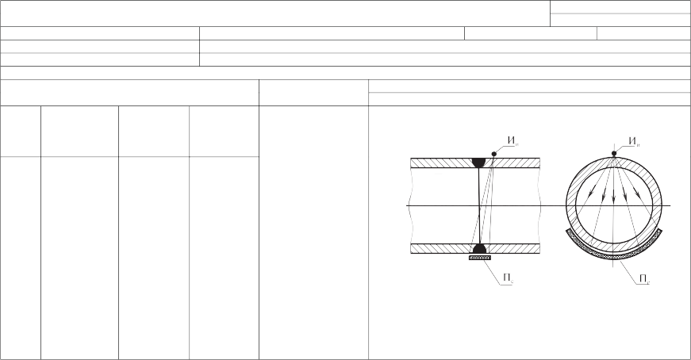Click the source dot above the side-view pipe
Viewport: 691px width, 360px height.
[x=494, y=154]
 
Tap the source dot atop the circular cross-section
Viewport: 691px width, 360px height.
[x=614, y=153]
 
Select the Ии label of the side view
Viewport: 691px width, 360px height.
[x=512, y=141]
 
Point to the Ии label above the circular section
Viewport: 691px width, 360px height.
[x=634, y=141]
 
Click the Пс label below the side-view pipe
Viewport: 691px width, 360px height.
[x=509, y=278]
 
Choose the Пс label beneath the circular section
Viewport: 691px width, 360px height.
[x=645, y=279]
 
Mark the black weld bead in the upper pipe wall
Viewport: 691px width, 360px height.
[x=479, y=163]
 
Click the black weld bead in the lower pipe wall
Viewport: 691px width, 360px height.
[x=479, y=249]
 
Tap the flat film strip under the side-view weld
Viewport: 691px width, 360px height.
[x=480, y=258]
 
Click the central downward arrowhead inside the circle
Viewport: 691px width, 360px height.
[x=613, y=200]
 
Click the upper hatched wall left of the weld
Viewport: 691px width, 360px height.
[x=441, y=163]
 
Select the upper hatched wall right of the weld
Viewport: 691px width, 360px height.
[x=513, y=163]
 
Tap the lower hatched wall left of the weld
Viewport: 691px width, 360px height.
[x=442, y=249]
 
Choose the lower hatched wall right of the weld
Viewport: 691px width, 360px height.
[x=513, y=249]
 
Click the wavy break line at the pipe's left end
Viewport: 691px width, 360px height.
[x=411, y=206]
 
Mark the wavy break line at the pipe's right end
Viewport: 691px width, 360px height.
[x=539, y=206]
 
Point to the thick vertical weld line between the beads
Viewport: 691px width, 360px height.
[x=479, y=206]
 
